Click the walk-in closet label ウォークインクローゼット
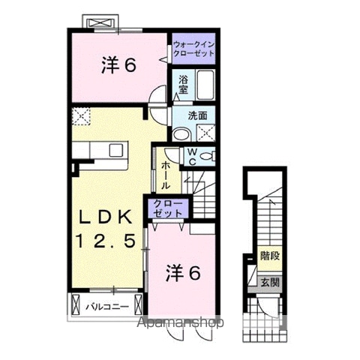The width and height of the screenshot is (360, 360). pyautogui.click(x=193, y=49)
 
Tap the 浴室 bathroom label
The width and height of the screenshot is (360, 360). pyautogui.click(x=183, y=85)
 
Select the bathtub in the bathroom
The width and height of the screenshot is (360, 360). pyautogui.click(x=205, y=85)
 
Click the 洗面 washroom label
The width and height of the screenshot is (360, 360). pyautogui.click(x=197, y=115)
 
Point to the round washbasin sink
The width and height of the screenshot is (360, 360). pyautogui.click(x=181, y=135)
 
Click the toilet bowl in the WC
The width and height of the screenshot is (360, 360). pyautogui.click(x=208, y=157)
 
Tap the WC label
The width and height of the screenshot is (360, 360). pyautogui.click(x=192, y=157)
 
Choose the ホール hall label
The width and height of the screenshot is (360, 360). pyautogui.click(x=165, y=175)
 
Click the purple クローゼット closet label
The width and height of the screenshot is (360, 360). pyautogui.click(x=168, y=208)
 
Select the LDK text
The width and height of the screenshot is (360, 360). pyautogui.click(x=106, y=217)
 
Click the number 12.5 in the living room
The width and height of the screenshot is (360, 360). pyautogui.click(x=107, y=241)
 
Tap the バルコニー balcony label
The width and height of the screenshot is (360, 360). pyautogui.click(x=107, y=306)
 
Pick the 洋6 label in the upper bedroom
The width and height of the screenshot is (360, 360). pyautogui.click(x=119, y=65)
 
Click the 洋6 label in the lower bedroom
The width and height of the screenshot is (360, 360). pyautogui.click(x=183, y=273)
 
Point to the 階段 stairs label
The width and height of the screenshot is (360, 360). pyautogui.click(x=270, y=256)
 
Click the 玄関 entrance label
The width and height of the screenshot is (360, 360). pyautogui.click(x=270, y=283)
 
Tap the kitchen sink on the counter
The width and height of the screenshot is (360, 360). pyautogui.click(x=116, y=151)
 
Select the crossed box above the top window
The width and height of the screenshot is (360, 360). pyautogui.click(x=100, y=22)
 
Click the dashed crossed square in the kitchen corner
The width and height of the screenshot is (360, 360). pyautogui.click(x=81, y=116)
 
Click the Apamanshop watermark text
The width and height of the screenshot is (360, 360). pyautogui.click(x=180, y=322)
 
